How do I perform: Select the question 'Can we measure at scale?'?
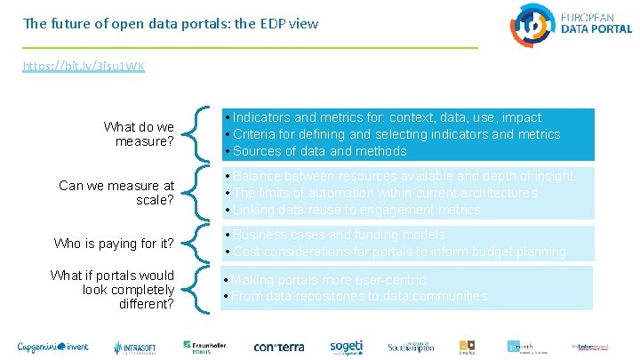pyautogui.click(x=116, y=193)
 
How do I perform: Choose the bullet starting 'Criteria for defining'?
pyautogui.click(x=396, y=134)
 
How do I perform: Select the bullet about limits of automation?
pyautogui.click(x=384, y=193)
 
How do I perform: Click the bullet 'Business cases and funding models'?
pyautogui.click(x=339, y=235)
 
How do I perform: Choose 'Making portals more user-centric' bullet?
pyautogui.click(x=334, y=279)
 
